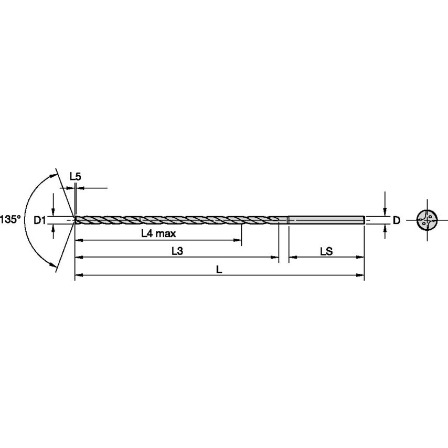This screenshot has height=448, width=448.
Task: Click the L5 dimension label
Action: tap(76, 177)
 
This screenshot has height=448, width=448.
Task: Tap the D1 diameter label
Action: tap(40, 220)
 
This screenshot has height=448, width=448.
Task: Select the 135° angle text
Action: tap(10, 219)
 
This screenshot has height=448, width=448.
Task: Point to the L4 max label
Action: tap(158, 234)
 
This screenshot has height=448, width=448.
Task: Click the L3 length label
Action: tap(177, 251)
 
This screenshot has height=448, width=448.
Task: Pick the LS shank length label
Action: tap(326, 251)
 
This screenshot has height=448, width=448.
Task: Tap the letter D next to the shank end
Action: tap(397, 220)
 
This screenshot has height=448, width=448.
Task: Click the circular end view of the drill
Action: tap(426, 220)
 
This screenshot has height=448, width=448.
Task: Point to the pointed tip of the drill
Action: tap(75, 220)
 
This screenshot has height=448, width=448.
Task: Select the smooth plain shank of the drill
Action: tap(325, 220)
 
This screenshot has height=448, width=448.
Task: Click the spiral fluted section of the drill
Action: tap(173, 220)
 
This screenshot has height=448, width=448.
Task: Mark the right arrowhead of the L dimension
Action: tap(361, 275)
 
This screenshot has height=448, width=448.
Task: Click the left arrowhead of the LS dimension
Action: tap(292, 257)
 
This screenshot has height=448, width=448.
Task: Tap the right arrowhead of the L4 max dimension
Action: tap(238, 240)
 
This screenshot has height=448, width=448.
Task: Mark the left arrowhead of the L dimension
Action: tap(78, 275)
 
